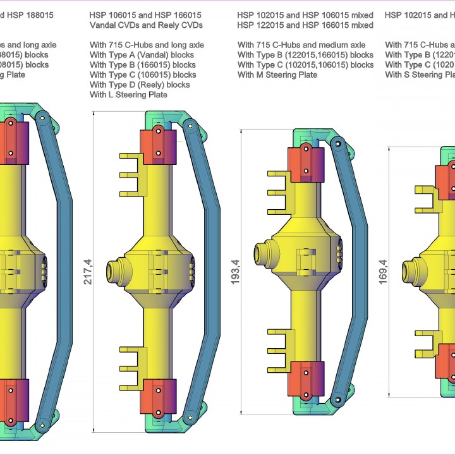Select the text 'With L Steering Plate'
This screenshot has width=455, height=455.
(x=128, y=95)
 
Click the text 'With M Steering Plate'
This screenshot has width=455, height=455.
(x=277, y=75)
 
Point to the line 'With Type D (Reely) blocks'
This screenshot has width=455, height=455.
(x=140, y=85)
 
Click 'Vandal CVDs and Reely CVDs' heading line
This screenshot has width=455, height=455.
(x=146, y=25)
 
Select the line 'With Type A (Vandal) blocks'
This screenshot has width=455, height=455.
(x=142, y=55)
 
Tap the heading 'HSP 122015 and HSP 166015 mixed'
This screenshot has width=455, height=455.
(x=305, y=25)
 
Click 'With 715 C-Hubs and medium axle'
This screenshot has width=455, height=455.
(x=301, y=45)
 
